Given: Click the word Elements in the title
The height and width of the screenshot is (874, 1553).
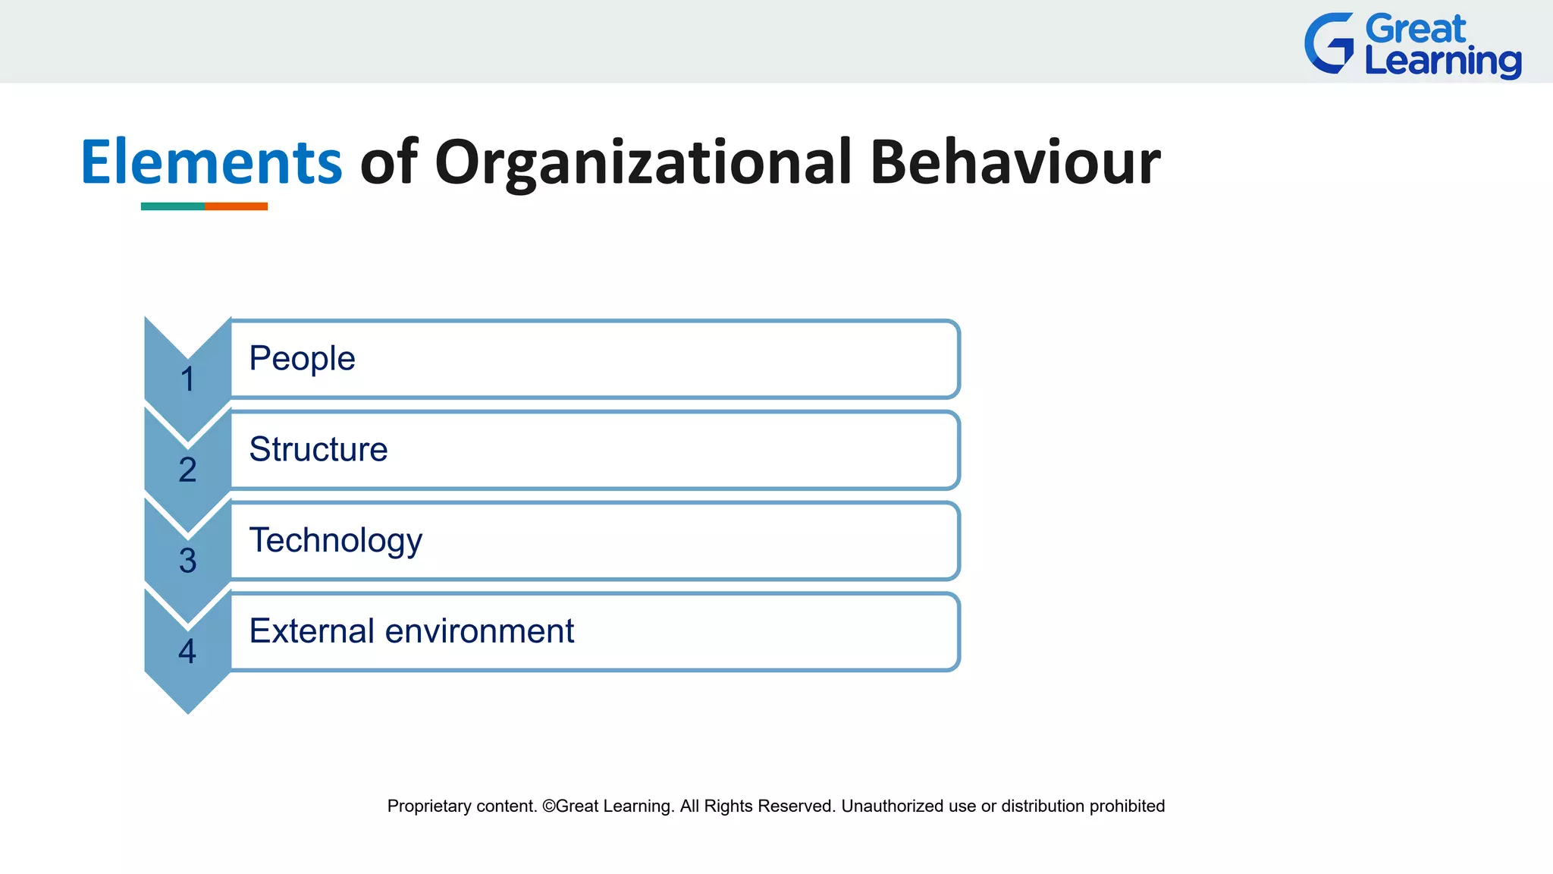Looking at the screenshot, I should pyautogui.click(x=212, y=162).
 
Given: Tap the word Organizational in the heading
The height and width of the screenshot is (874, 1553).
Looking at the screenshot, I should pyautogui.click(x=643, y=162).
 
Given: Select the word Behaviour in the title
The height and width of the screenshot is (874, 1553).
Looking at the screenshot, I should pyautogui.click(x=1015, y=162).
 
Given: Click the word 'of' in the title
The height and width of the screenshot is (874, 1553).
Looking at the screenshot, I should pyautogui.click(x=388, y=162).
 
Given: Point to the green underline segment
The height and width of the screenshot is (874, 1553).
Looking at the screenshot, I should pyautogui.click(x=172, y=206).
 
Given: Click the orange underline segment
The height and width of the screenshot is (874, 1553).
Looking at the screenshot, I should pyautogui.click(x=236, y=206).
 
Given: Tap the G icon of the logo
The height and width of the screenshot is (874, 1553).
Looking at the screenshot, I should pyautogui.click(x=1329, y=43).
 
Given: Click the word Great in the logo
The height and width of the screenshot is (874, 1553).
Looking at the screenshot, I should pyautogui.click(x=1416, y=30).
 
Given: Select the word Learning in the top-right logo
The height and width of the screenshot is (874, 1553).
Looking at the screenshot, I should pyautogui.click(x=1442, y=61).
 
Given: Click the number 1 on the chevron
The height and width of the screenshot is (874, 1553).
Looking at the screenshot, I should pyautogui.click(x=187, y=379).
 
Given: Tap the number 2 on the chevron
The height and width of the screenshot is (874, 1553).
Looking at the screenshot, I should pyautogui.click(x=187, y=470).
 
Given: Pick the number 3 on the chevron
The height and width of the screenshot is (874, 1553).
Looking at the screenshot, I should pyautogui.click(x=187, y=561).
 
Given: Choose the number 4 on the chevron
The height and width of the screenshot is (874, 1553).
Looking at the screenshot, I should pyautogui.click(x=187, y=651).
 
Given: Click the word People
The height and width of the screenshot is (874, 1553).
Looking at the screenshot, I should pyautogui.click(x=302, y=358).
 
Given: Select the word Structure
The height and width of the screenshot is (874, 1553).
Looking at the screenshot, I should pyautogui.click(x=318, y=449).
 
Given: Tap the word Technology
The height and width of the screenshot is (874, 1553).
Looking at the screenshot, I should pyautogui.click(x=335, y=541).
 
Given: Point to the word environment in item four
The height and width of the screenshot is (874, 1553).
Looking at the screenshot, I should pyautogui.click(x=479, y=630).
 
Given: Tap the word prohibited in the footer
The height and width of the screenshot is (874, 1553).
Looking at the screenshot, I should pyautogui.click(x=1127, y=806).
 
